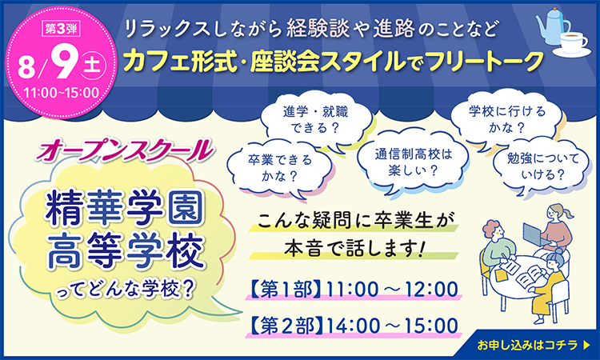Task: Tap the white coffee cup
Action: [573, 43]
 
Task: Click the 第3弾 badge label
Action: [62, 29]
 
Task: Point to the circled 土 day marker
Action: [93, 65]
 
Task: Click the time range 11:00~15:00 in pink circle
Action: [62, 93]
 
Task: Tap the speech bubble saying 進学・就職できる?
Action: [316, 121]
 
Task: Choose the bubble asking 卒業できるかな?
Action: [280, 168]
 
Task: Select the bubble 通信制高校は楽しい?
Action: [413, 162]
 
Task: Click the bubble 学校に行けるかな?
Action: [506, 118]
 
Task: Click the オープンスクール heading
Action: [125, 150]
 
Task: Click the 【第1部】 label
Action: [285, 290]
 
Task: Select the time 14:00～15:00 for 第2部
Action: [392, 326]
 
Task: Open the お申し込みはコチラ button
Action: [532, 345]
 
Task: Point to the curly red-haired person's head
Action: [494, 230]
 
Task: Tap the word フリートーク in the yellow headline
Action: [485, 62]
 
